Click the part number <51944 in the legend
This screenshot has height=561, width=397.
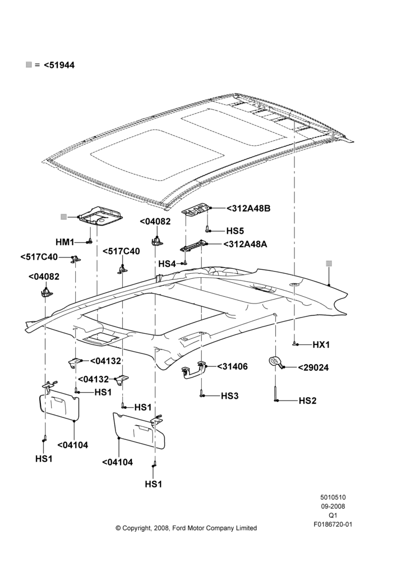(59, 65)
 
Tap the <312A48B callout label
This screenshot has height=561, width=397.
(248, 208)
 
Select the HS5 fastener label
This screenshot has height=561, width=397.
(236, 231)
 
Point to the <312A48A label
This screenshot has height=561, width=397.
(246, 245)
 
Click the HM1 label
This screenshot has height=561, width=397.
(64, 242)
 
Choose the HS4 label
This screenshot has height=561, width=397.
(167, 264)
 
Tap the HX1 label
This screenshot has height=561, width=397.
(321, 345)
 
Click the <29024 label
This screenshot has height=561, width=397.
(313, 368)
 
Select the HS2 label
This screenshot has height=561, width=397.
(308, 401)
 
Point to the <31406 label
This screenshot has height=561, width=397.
(232, 367)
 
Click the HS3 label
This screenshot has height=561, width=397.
(229, 396)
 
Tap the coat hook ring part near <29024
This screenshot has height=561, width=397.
(275, 360)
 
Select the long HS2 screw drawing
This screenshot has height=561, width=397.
(276, 394)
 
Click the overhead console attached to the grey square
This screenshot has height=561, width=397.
(101, 217)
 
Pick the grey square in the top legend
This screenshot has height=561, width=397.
(29, 65)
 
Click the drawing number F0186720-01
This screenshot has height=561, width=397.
(333, 525)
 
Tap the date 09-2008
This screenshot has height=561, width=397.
(333, 507)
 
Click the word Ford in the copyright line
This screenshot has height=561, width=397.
(179, 528)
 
